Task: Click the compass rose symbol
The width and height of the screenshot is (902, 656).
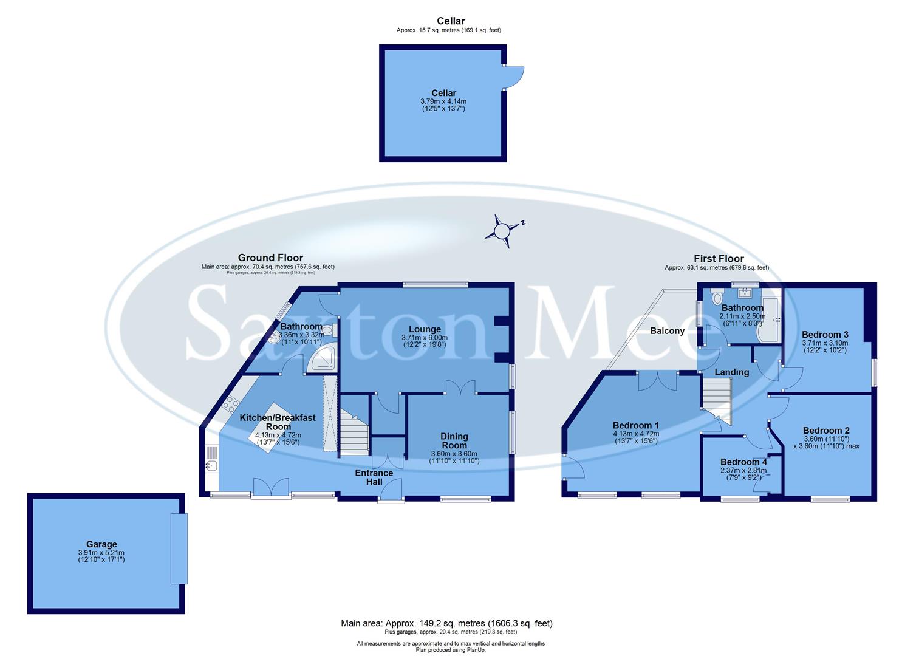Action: (502, 231)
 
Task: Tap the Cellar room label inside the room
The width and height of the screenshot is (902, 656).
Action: (443, 93)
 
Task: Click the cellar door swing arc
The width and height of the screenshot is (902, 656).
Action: (515, 77)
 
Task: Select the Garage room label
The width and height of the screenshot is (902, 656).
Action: (101, 544)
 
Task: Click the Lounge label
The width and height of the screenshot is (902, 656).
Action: (425, 329)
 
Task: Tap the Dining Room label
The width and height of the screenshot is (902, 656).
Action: (454, 440)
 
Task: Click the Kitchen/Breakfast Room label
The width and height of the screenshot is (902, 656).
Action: (278, 422)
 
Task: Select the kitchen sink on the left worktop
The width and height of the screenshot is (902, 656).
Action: (211, 465)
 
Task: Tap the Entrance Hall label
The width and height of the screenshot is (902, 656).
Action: (374, 477)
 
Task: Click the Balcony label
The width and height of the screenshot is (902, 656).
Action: (667, 331)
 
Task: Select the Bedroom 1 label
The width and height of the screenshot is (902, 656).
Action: (635, 425)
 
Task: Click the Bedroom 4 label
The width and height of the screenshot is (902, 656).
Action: (743, 462)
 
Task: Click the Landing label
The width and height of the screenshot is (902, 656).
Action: (731, 372)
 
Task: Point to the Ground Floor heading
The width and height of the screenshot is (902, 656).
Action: (270, 258)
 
